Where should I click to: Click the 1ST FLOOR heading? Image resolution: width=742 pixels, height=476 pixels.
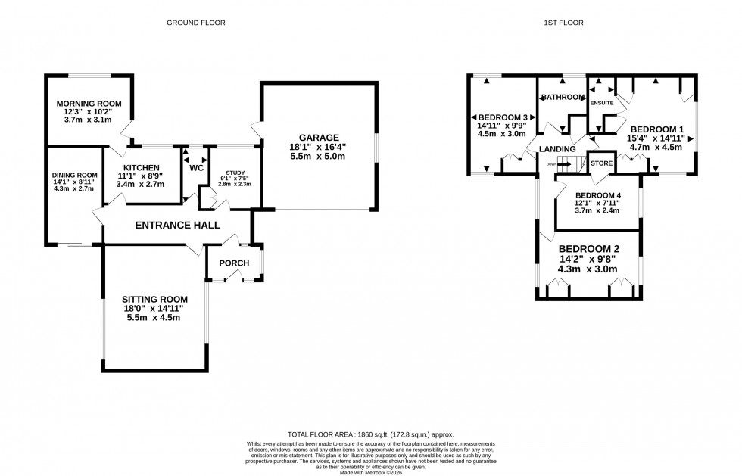[564, 23]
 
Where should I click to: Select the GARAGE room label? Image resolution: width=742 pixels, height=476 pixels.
[317, 138]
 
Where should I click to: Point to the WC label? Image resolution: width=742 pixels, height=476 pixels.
[196, 167]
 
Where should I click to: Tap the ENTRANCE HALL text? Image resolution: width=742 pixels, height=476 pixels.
[177, 225]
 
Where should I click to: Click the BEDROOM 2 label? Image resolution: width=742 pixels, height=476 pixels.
[589, 248]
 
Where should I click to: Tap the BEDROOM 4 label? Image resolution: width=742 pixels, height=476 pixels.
[597, 195]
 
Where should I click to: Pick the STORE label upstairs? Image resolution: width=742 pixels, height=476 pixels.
[601, 163]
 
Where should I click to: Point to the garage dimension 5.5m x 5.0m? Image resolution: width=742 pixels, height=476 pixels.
[317, 157]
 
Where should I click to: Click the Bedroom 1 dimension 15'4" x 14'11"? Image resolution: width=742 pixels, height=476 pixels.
[656, 138]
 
